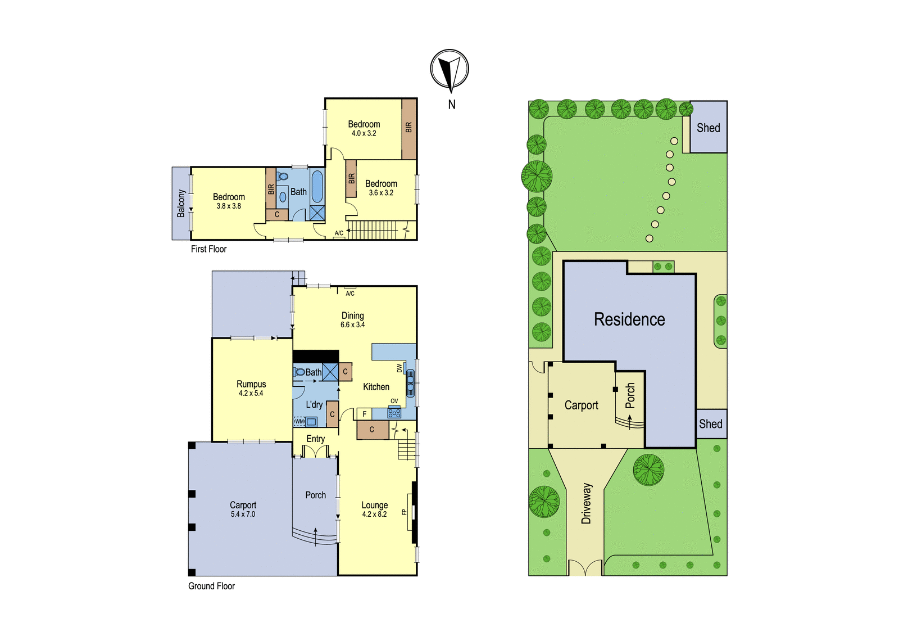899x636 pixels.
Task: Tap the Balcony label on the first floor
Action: pyautogui.click(x=181, y=204)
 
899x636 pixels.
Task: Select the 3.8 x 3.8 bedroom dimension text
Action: pyautogui.click(x=229, y=206)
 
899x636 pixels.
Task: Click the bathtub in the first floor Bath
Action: pyautogui.click(x=317, y=186)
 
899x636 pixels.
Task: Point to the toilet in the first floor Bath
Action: pyautogui.click(x=283, y=176)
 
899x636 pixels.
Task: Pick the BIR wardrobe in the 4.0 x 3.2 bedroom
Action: pyautogui.click(x=409, y=129)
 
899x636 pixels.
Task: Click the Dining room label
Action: pyautogui.click(x=353, y=315)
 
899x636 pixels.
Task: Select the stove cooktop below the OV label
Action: pyautogui.click(x=394, y=412)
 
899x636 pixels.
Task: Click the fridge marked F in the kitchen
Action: pyautogui.click(x=365, y=414)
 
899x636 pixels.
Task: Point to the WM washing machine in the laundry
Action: pyautogui.click(x=299, y=421)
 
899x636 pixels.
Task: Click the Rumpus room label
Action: pyautogui.click(x=251, y=384)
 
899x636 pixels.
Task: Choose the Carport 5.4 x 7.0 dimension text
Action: pyautogui.click(x=243, y=515)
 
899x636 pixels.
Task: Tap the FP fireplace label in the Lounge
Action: pyautogui.click(x=404, y=512)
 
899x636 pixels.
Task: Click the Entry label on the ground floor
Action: pyautogui.click(x=315, y=439)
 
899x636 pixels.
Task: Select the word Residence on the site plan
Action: pyautogui.click(x=629, y=319)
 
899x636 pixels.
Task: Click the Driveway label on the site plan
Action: pyautogui.click(x=587, y=503)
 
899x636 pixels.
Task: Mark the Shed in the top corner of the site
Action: pyautogui.click(x=709, y=127)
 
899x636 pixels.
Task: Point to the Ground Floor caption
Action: pyautogui.click(x=211, y=586)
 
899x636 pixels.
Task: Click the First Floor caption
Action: pyautogui.click(x=208, y=249)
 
